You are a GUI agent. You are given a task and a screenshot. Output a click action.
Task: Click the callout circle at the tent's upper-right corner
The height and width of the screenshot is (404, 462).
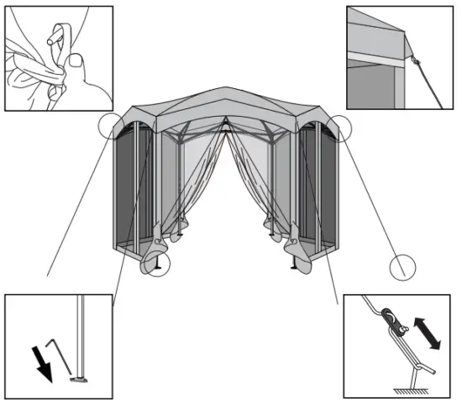[341, 126]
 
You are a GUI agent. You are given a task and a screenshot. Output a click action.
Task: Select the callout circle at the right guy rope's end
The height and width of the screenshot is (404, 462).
[403, 268]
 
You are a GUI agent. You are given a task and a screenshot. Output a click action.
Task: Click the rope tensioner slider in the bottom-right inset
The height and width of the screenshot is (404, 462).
[391, 320]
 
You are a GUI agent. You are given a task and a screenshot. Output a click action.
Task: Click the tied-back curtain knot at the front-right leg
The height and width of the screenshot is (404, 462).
[295, 246]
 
